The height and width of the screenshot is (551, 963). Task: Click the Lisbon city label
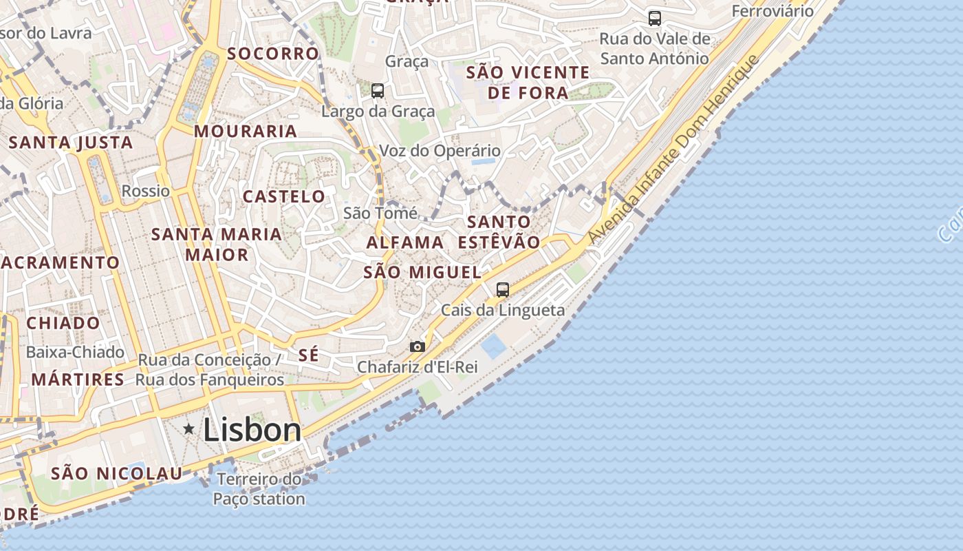click(252, 430)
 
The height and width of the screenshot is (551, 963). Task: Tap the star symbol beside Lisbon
click(188, 429)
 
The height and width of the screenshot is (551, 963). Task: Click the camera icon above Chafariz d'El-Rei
click(417, 346)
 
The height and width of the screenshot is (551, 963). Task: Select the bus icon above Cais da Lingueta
click(503, 290)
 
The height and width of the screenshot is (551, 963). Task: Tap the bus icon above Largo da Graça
click(377, 90)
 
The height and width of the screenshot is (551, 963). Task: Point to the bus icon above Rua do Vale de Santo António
click(654, 19)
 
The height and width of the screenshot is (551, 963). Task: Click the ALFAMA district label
click(405, 242)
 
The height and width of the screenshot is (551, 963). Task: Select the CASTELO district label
click(284, 196)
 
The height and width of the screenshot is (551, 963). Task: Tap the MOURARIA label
click(246, 131)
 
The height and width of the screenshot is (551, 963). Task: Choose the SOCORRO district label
click(273, 53)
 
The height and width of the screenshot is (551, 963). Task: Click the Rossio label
click(145, 191)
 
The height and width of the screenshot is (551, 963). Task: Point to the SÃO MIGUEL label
click(422, 272)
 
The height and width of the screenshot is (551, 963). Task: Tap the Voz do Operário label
click(440, 150)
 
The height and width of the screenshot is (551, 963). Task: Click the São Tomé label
click(380, 213)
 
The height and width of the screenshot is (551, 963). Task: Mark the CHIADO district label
click(63, 322)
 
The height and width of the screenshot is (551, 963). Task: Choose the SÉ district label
click(309, 355)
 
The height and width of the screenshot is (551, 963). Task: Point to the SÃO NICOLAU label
click(117, 473)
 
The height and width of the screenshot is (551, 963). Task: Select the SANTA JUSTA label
click(71, 143)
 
